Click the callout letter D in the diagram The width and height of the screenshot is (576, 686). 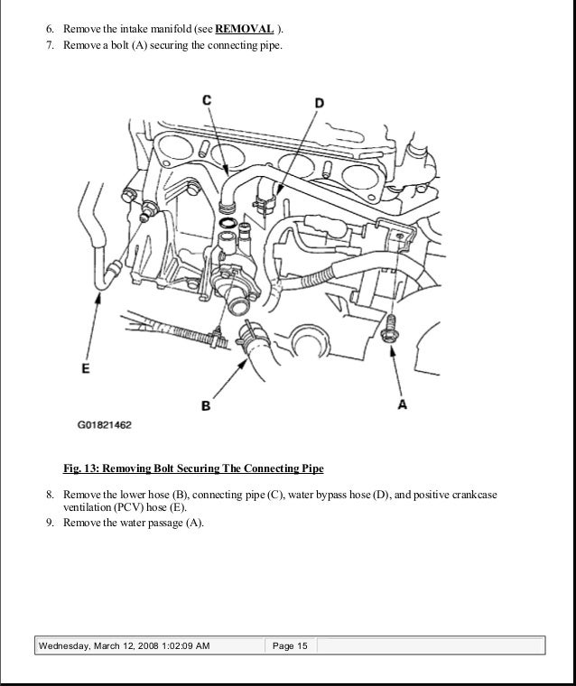(320, 104)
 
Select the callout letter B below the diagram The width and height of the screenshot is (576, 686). (206, 406)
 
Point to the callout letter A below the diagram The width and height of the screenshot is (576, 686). (403, 404)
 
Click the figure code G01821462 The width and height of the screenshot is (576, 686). (104, 422)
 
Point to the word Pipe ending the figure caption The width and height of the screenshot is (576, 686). (311, 469)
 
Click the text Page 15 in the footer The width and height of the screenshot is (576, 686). (289, 646)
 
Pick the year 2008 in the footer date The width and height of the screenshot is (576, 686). (150, 646)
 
